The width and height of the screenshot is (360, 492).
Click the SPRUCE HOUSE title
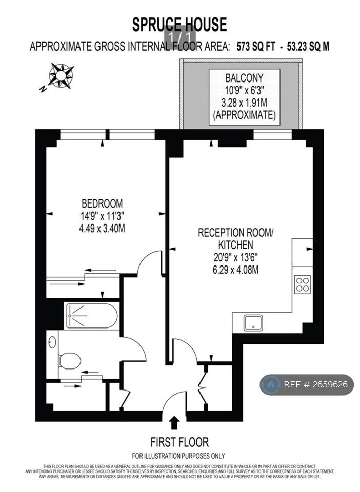[x=179, y=25]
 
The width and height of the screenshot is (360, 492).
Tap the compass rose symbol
[x=61, y=75]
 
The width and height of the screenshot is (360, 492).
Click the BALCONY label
[x=244, y=77]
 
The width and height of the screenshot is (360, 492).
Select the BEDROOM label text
[x=102, y=203]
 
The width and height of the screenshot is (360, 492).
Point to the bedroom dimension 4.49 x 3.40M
[x=102, y=228]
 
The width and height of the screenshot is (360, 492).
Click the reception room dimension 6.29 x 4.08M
[x=236, y=270]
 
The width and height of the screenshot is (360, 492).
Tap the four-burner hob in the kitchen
[x=303, y=284]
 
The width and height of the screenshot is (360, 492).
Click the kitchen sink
[x=253, y=323]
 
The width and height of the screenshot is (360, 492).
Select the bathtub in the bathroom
[x=92, y=316]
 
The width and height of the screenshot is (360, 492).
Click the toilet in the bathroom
[x=69, y=360]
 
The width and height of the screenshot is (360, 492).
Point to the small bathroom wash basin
[x=52, y=342]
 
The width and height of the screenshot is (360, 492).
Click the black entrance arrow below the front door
[x=175, y=422]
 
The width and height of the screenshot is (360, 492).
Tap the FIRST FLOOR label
[x=179, y=442]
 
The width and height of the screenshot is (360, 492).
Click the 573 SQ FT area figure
[x=255, y=47]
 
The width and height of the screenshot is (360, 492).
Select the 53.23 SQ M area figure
[x=308, y=47]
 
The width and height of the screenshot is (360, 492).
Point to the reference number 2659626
[x=329, y=384]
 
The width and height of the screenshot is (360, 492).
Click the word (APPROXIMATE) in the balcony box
[x=244, y=115]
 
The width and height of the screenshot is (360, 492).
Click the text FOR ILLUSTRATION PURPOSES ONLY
[x=178, y=456]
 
